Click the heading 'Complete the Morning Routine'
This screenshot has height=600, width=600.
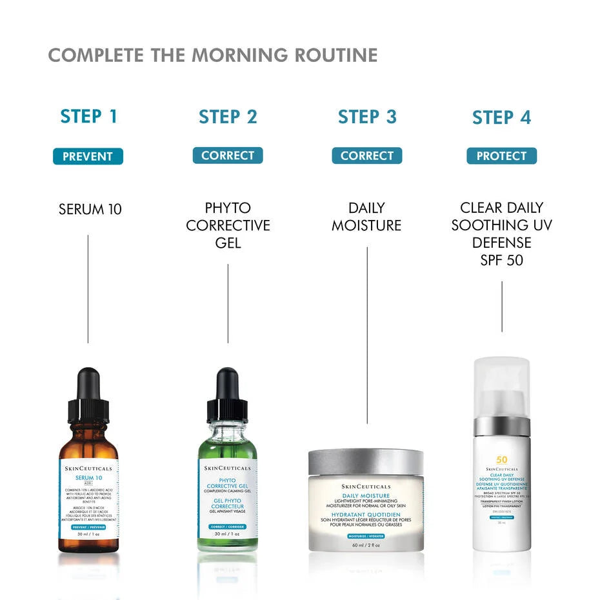(213, 55)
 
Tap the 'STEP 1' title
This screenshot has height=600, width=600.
(89, 117)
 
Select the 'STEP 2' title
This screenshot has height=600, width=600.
(228, 117)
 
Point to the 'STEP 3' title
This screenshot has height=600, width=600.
(367, 117)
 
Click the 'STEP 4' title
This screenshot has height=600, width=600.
(501, 117)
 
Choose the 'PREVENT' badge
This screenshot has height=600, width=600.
(88, 156)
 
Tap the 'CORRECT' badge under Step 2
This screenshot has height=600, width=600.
(228, 155)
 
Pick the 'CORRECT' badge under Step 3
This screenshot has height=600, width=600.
(367, 155)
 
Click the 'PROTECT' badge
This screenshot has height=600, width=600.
(501, 156)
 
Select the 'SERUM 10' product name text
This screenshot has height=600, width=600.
(90, 209)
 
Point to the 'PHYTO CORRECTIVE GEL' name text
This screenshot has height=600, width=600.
(228, 225)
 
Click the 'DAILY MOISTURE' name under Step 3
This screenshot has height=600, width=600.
(366, 217)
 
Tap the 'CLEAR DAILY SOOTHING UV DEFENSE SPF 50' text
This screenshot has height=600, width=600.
(501, 234)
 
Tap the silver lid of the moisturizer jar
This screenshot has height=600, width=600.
(366, 461)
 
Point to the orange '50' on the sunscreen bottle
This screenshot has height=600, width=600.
(501, 459)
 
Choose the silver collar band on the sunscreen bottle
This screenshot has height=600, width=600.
(501, 427)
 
